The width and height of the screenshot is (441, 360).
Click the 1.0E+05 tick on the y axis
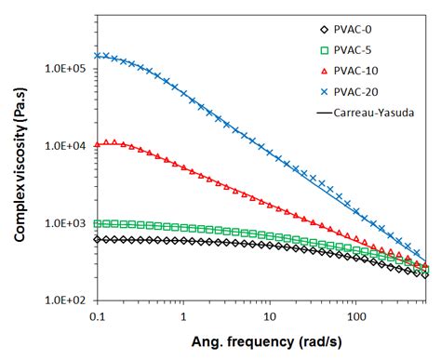(x=64, y=69)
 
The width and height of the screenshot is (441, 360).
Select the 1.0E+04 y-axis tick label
(x=64, y=146)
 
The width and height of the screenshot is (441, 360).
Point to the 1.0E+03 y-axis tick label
(x=64, y=223)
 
